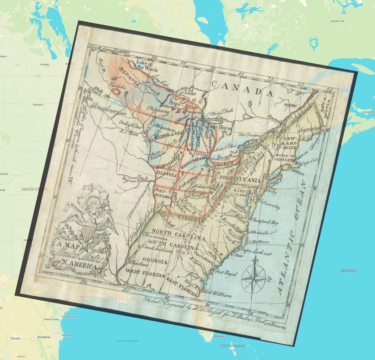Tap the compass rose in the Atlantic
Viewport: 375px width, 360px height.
255,279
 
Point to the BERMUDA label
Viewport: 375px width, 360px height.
348,270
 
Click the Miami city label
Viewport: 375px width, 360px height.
219,336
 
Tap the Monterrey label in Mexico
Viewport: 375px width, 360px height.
44,337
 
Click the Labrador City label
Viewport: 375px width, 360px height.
337,21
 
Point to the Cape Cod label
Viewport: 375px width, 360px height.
309,163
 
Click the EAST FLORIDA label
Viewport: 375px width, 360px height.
182,286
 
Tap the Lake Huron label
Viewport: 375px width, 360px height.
217,127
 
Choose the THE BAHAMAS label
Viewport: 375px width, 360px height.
232,346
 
